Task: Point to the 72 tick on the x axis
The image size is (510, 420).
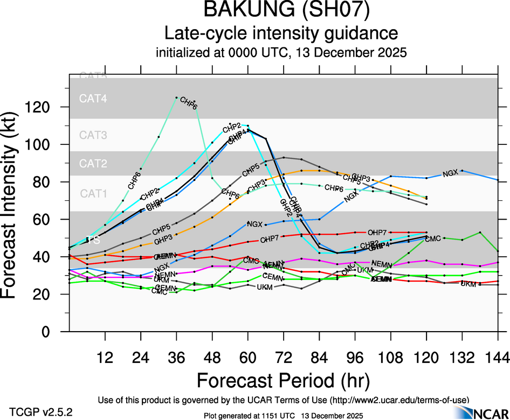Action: point(284,356)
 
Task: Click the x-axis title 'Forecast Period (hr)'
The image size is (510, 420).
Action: point(282,381)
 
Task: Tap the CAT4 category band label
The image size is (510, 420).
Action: point(93,99)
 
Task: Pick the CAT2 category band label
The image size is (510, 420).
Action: point(93,164)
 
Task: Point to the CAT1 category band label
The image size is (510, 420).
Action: point(93,193)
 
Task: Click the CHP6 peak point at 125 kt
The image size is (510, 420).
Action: point(177,97)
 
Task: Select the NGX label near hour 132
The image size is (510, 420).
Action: point(450,173)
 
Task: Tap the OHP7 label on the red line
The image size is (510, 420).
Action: point(377,233)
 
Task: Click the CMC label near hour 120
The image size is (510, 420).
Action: point(433,239)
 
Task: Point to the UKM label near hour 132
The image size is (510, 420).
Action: point(468,284)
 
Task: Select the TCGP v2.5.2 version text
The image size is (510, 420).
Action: point(41,412)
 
